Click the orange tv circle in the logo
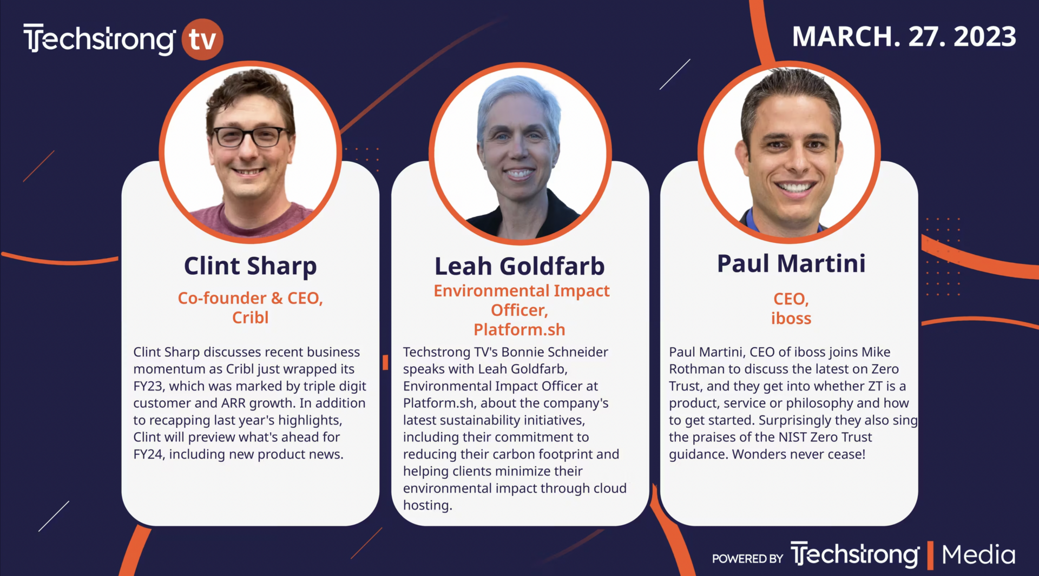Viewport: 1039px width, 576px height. tap(202, 39)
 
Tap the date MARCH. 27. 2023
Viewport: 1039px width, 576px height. tap(904, 37)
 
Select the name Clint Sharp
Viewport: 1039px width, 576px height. tap(250, 267)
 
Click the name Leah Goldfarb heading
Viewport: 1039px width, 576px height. tap(519, 266)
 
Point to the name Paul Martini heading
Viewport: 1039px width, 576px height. tap(791, 263)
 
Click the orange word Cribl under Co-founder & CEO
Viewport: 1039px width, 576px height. tap(250, 317)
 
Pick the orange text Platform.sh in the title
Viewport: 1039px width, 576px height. tap(519, 329)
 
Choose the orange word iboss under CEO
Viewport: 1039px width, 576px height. tap(791, 319)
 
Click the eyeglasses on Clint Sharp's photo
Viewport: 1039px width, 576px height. tap(251, 136)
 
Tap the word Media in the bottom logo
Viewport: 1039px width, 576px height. tap(978, 555)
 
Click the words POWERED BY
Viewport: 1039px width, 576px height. tap(747, 559)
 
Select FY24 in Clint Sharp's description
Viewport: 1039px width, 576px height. tap(148, 454)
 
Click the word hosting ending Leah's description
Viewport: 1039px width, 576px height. tap(428, 506)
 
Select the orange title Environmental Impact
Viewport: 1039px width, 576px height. tap(522, 291)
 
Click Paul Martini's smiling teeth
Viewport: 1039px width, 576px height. tap(794, 188)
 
